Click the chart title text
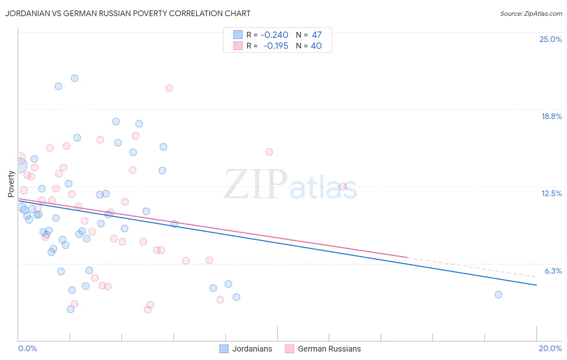pos(128,13)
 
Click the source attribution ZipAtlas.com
pos(531,14)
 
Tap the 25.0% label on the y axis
pos(550,39)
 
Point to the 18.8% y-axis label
pos(551,116)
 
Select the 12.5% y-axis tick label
pos(551,193)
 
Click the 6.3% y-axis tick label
pos(553,271)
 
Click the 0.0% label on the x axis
pos(27,348)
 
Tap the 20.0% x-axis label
pos(550,348)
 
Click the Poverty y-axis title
pos(11,184)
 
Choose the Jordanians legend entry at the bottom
pos(252,349)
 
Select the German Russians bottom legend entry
pos(329,349)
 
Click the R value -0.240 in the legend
pos(274,35)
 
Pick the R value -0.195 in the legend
pos(275,46)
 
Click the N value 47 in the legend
pos(317,35)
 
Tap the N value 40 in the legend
pos(316,46)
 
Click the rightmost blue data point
pos(498,295)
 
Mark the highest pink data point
pos(169,88)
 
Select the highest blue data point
pos(75,78)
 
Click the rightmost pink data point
pos(343,186)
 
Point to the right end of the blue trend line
pos(536,285)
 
